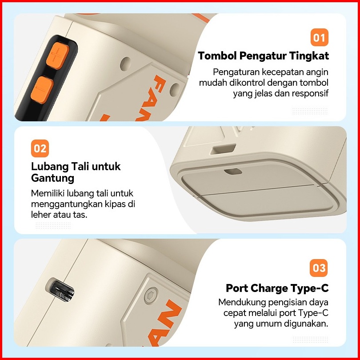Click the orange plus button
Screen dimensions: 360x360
pyautogui.click(x=57, y=56)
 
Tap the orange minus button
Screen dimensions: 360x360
pyautogui.click(x=42, y=90)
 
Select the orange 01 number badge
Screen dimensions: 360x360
pyautogui.click(x=320, y=37)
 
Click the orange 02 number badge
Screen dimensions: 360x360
pyautogui.click(x=40, y=148)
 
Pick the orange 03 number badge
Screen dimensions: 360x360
pyautogui.click(x=319, y=268)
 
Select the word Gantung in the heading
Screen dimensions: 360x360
pyautogui.click(x=52, y=178)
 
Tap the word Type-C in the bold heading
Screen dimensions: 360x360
pyautogui.click(x=309, y=288)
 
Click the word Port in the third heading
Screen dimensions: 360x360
pyautogui.click(x=236, y=288)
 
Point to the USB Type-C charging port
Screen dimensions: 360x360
pyautogui.click(x=60, y=289)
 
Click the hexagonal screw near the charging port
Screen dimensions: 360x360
pyautogui.click(x=151, y=296)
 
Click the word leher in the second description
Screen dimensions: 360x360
pyautogui.click(x=41, y=215)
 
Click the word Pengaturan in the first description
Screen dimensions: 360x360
pyautogui.click(x=236, y=72)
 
